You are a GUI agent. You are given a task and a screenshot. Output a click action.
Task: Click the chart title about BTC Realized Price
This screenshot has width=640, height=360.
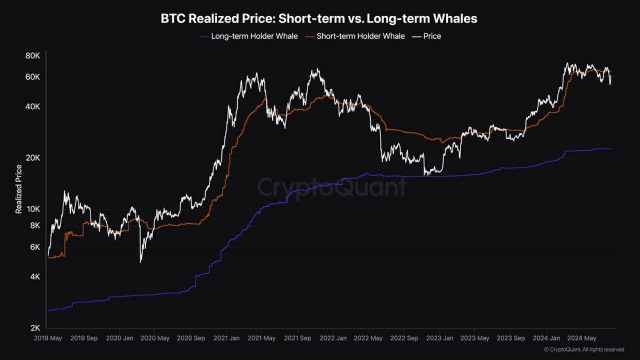click(x=319, y=18)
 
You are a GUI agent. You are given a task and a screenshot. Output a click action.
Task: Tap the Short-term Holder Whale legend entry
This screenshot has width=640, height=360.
click(x=354, y=36)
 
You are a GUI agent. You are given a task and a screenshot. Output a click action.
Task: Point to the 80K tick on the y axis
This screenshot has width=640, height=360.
click(x=32, y=56)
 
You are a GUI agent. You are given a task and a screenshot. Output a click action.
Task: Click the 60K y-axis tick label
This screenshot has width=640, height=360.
click(x=32, y=77)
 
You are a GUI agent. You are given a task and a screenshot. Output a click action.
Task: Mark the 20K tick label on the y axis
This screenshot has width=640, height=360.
click(x=32, y=158)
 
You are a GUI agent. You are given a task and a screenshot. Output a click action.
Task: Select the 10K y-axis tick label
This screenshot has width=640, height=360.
click(x=32, y=209)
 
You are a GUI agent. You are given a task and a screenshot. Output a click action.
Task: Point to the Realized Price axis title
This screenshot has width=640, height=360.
click(x=19, y=189)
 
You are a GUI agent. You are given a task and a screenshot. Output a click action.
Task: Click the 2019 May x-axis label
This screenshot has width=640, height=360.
click(x=47, y=338)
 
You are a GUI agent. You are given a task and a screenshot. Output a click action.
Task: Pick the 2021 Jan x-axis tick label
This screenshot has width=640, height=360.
click(x=225, y=338)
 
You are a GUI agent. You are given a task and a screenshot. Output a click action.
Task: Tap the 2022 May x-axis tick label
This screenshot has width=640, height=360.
click(x=368, y=338)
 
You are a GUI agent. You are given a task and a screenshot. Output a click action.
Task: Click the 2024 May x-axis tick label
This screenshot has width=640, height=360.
click(x=582, y=338)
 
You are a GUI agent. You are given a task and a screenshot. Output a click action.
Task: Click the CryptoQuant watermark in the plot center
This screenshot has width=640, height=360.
click(x=331, y=187)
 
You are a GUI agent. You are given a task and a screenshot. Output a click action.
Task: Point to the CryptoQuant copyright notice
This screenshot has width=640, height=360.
click(x=583, y=349)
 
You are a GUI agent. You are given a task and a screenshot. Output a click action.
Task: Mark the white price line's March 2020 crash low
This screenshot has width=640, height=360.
click(x=141, y=261)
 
